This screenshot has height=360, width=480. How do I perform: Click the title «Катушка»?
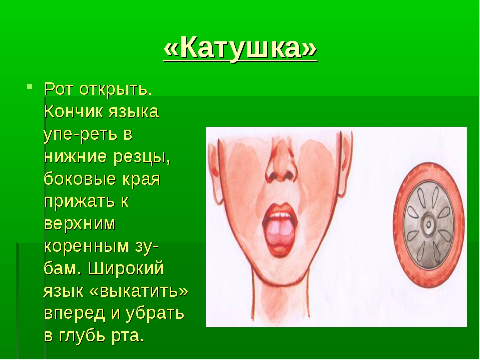pos(240,48)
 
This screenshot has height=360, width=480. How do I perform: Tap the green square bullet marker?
pos(29,86)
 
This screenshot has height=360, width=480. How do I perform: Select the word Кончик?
pos(73,111)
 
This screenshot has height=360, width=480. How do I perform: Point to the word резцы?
pos(141,157)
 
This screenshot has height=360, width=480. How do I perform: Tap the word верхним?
pos(80,224)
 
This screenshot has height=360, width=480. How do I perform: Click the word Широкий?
pos(126,269)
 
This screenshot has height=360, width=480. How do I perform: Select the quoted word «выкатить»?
pos(139,291)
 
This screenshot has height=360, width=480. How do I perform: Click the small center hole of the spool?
pos(429,225)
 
